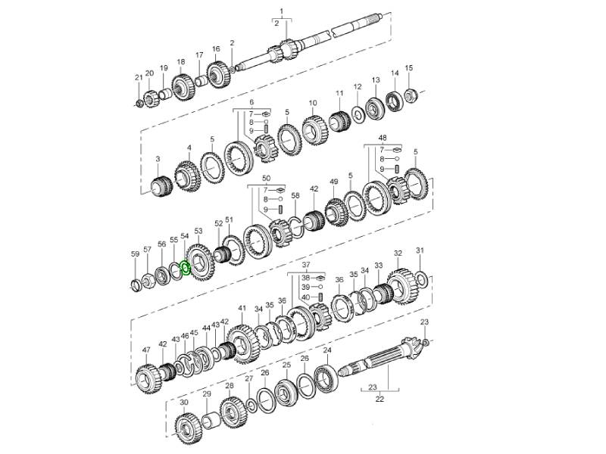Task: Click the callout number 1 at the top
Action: click(x=282, y=11)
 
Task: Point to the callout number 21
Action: click(x=139, y=78)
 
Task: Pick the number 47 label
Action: click(x=147, y=351)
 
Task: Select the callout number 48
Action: click(x=383, y=138)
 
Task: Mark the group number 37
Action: click(x=306, y=266)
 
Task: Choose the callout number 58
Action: click(x=295, y=196)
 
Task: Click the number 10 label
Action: click(x=312, y=103)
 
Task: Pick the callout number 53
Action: click(x=198, y=231)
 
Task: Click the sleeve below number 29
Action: click(x=207, y=421)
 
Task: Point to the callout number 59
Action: click(x=136, y=254)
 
